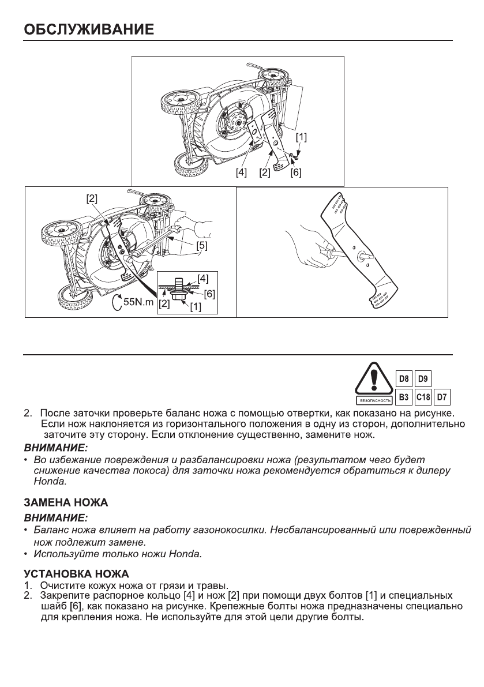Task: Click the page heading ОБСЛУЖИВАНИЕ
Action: [88, 29]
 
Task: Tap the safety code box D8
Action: [405, 380]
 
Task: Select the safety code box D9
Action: [423, 380]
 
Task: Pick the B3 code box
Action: [405, 397]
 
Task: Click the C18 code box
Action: [423, 397]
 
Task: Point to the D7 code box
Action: [442, 397]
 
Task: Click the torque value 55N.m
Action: [137, 302]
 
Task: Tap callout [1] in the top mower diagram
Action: [302, 138]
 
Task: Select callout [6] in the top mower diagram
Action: [296, 172]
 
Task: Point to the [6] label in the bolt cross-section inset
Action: [209, 294]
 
